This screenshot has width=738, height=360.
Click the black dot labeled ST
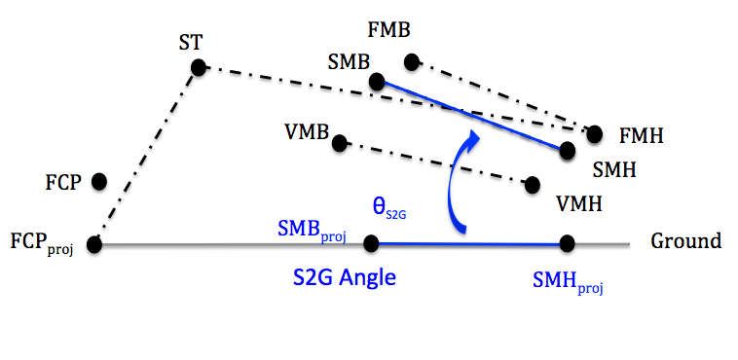(x=199, y=68)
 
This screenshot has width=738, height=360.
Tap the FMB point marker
(x=412, y=61)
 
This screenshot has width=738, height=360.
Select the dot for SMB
(x=377, y=82)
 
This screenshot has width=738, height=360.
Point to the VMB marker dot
(x=339, y=143)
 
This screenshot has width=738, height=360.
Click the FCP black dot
(x=99, y=181)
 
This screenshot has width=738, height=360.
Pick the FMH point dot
(x=595, y=134)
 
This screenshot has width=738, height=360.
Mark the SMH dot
(x=568, y=150)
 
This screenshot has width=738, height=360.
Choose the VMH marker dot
(x=533, y=185)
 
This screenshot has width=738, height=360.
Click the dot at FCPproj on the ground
(x=94, y=244)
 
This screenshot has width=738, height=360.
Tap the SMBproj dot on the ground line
(x=371, y=244)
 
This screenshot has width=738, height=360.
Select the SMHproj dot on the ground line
(x=568, y=244)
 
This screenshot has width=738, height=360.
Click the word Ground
(x=685, y=241)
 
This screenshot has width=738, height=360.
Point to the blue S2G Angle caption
(x=344, y=277)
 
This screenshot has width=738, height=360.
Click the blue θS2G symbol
(x=388, y=209)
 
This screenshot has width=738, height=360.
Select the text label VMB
(x=307, y=131)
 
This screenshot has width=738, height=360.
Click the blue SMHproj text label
(x=568, y=282)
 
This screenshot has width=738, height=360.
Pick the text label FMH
(x=641, y=136)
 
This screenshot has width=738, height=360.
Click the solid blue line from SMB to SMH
(x=471, y=116)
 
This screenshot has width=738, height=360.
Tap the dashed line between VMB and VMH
(x=435, y=163)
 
